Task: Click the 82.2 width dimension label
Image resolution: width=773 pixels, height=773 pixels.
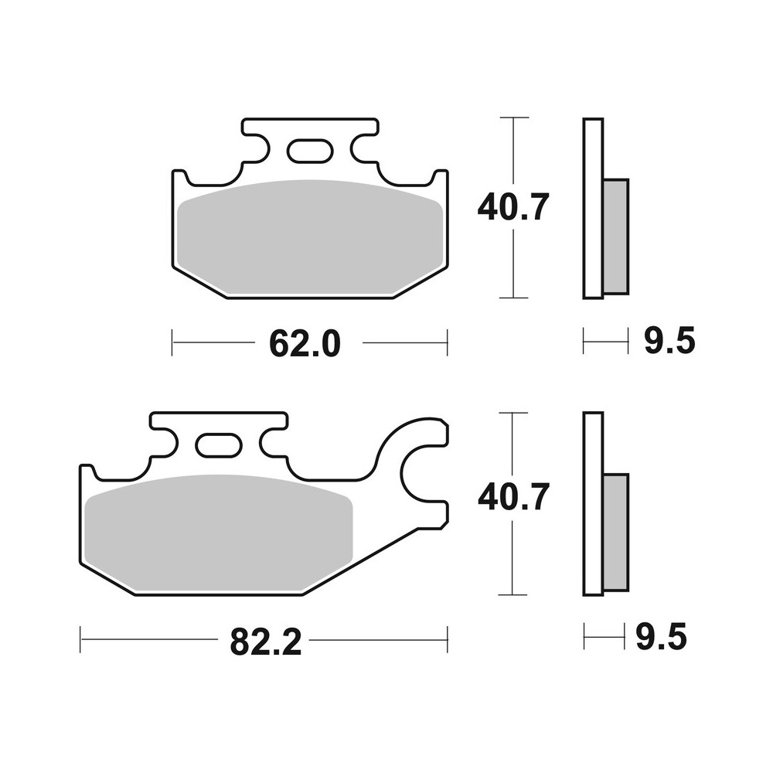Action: pos(265,642)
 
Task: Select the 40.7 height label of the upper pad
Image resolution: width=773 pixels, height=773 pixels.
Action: pos(512,207)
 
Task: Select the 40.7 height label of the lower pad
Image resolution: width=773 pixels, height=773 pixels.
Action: pos(512,497)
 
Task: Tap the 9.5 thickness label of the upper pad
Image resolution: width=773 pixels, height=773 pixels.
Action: pos(669,341)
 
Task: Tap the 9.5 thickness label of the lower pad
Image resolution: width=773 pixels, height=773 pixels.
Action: pos(661,638)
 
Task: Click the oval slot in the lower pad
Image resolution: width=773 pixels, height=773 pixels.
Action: pos(217,445)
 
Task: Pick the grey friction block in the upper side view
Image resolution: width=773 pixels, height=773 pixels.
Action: pos(616,236)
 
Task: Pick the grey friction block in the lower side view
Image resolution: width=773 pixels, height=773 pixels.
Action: pos(616,533)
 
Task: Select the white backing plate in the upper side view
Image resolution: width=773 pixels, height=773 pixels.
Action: pos(592,209)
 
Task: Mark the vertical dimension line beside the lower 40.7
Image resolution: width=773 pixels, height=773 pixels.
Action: pos(514,557)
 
